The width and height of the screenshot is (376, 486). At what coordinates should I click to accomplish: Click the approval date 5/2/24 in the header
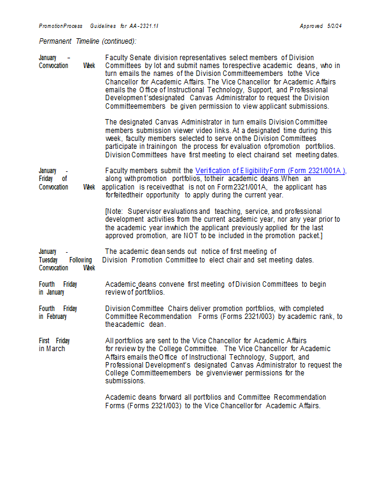[x=334, y=26]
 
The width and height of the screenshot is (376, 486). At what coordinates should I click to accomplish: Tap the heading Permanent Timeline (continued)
[x=88, y=41]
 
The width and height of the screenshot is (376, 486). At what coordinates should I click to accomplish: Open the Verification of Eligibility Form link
[x=270, y=171]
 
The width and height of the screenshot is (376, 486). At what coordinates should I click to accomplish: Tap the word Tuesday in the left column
[x=47, y=259]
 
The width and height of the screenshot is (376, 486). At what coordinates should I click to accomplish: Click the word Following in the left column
[x=80, y=259]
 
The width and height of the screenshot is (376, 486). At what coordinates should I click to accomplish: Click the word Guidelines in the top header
[x=102, y=26]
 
